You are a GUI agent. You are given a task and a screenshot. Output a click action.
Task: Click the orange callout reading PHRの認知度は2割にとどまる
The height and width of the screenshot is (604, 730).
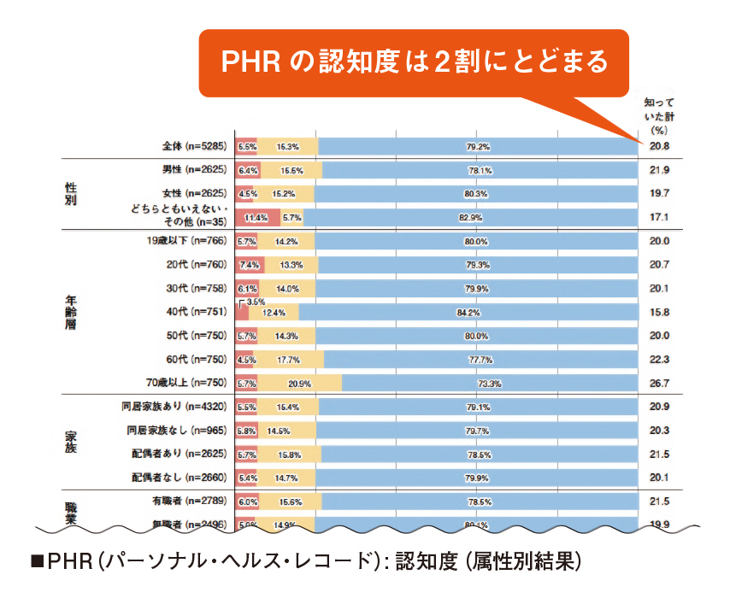pos(414,62)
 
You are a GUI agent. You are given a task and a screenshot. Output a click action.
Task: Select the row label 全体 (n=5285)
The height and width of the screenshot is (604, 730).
pos(194,147)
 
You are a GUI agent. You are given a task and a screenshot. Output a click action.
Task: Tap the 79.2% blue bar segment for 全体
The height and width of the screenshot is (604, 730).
pos(478,147)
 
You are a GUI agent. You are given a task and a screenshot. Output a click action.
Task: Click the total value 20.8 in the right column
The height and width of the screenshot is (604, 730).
pos(658,147)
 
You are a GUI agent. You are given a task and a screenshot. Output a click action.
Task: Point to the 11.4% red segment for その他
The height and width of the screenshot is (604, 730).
pos(256,217)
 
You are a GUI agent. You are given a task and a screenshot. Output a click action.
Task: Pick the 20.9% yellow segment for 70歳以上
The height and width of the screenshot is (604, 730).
pos(299,383)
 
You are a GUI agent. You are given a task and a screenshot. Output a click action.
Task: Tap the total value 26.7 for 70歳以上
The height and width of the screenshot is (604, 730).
pos(658,383)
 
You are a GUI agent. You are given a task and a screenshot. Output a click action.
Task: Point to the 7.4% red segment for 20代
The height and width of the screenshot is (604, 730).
pos(250,264)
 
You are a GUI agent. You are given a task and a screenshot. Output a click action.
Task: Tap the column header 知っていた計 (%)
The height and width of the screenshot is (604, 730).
pos(657,115)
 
